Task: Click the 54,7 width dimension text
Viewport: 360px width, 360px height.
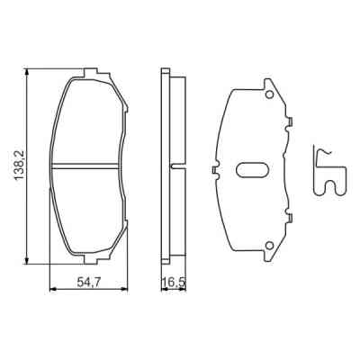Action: coord(87,282)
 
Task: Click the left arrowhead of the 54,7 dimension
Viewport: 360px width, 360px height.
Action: coord(52,289)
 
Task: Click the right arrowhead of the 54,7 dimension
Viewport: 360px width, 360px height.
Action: coord(122,289)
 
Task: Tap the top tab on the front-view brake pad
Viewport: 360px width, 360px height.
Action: coord(87,71)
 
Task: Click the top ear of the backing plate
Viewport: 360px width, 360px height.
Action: coord(268,85)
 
